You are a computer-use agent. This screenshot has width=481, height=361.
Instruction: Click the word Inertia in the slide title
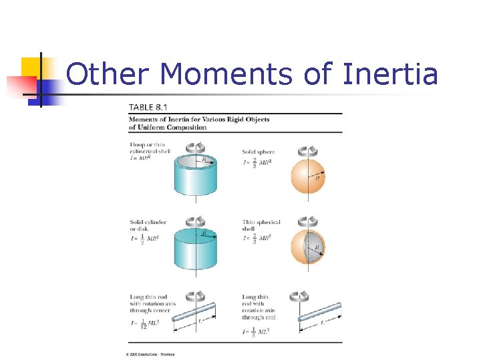(389, 74)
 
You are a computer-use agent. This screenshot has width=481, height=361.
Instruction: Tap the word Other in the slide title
(110, 74)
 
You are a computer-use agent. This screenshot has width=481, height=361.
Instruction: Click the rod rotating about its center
(194, 313)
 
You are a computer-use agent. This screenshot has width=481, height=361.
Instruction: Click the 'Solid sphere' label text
(258, 152)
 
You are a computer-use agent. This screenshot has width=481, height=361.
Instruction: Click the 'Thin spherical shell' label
(261, 225)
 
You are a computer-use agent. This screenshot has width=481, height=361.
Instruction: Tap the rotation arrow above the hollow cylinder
(195, 146)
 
